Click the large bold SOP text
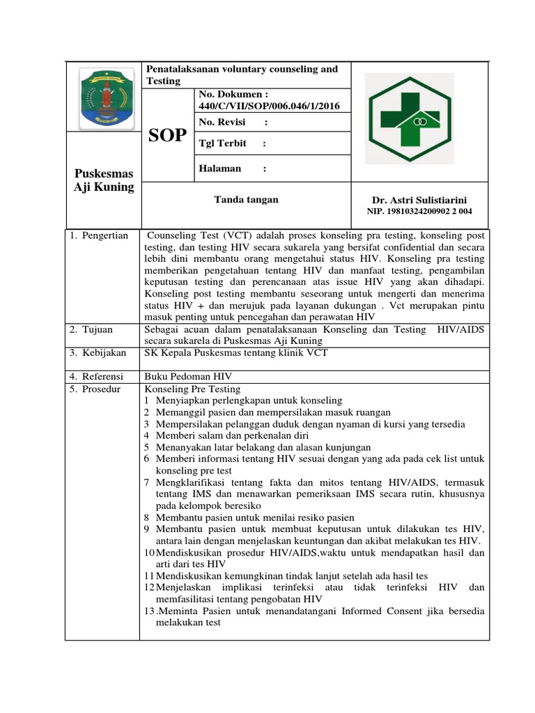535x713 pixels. pos(168,136)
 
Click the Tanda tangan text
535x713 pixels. pos(246,200)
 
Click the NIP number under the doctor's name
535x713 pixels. pos(419,212)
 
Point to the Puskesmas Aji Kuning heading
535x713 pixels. pos(104,180)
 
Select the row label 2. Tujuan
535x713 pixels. pos(91,329)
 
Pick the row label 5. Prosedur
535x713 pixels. pos(96,389)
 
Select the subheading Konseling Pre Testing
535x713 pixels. pos(192,389)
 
